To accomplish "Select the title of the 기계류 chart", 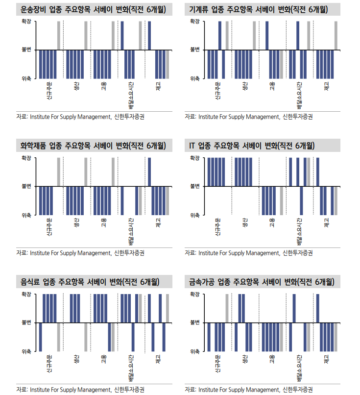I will (x=259, y=10).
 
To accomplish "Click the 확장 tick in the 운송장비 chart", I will (x=26, y=22).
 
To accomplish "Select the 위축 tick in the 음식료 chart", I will (x=26, y=351).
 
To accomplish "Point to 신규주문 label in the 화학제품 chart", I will (x=49, y=226).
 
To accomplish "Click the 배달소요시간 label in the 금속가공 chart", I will (x=299, y=367).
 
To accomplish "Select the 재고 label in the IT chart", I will (x=326, y=222).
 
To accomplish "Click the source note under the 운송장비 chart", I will (x=83, y=117).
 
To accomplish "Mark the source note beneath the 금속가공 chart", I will (x=249, y=389).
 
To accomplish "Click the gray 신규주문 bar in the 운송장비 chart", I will (x=59, y=35).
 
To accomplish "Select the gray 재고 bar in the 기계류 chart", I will (x=336, y=35).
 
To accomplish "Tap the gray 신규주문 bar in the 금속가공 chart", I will (x=227, y=308).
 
